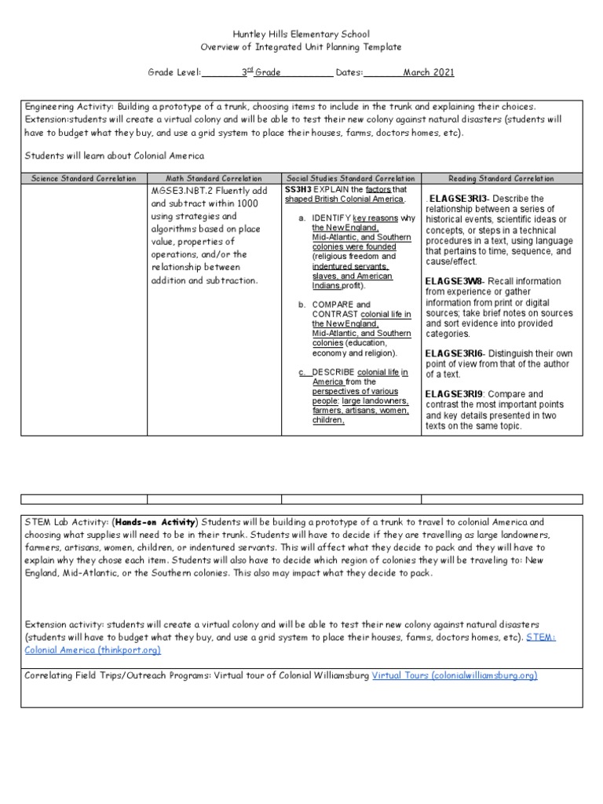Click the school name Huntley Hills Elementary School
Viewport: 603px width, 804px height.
point(301,35)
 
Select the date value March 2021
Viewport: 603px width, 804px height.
point(428,72)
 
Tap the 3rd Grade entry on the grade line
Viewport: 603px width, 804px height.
point(258,72)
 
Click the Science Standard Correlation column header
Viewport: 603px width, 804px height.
point(83,179)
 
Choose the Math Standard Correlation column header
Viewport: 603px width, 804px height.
point(214,179)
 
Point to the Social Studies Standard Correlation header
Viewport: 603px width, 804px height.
point(351,179)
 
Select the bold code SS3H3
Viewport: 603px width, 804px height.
point(299,190)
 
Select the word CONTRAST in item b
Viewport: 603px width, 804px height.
point(331,314)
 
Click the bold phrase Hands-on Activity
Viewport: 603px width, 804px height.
point(155,522)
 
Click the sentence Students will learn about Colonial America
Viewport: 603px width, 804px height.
point(115,155)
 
